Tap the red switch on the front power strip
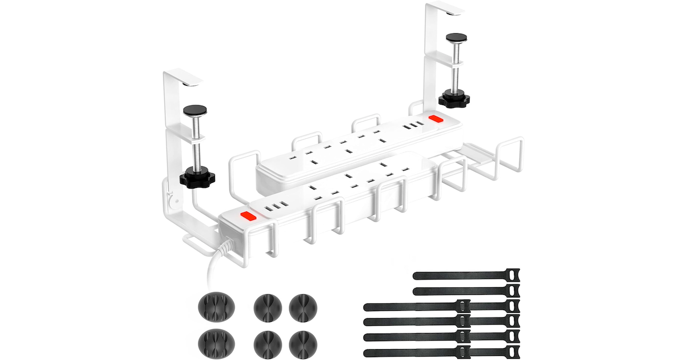[246, 216]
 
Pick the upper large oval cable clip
[214, 307]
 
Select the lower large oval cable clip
[214, 342]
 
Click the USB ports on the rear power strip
[413, 125]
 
